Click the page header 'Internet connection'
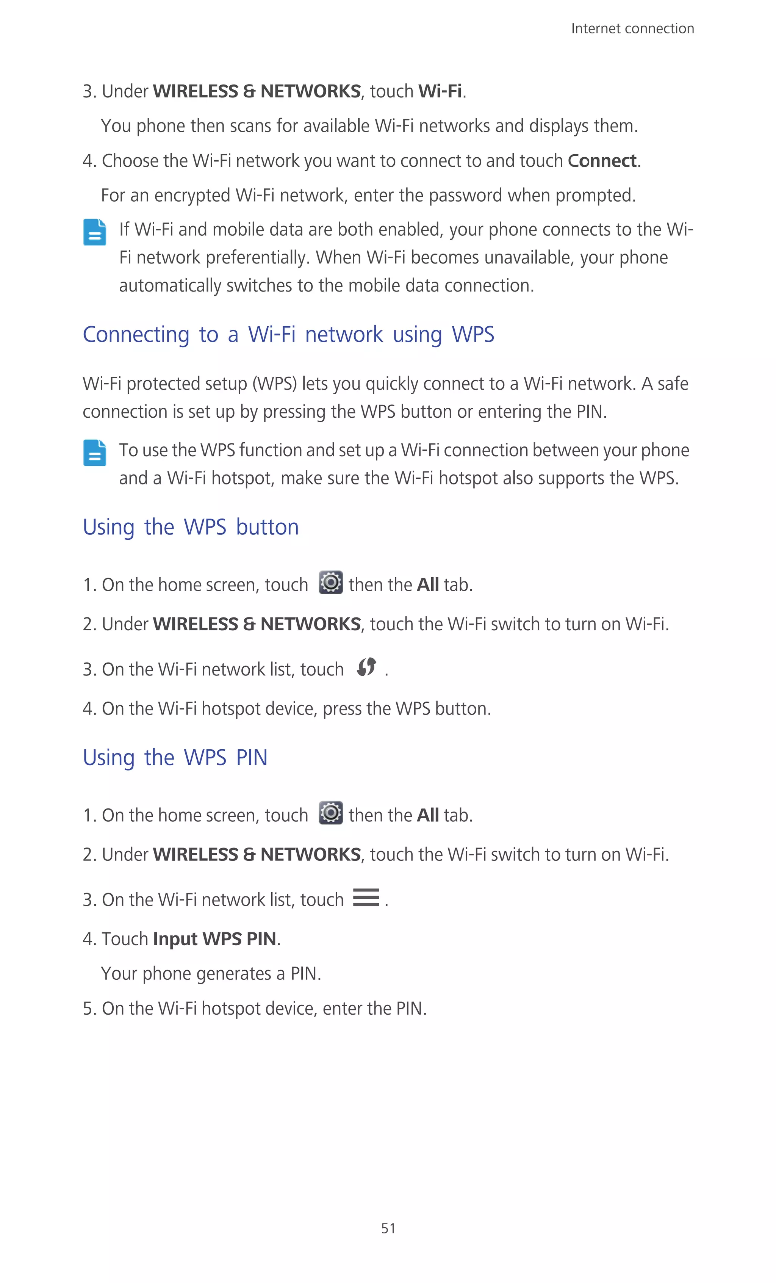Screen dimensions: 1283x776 tap(632, 29)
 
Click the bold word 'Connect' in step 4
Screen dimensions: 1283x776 tap(602, 161)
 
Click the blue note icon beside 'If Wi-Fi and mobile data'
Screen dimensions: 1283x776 tap(95, 232)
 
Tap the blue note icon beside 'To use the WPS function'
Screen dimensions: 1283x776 tap(95, 453)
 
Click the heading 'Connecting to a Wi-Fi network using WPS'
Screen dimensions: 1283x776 tap(288, 334)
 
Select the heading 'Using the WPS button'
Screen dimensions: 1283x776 tap(191, 527)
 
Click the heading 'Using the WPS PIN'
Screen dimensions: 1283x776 tap(175, 758)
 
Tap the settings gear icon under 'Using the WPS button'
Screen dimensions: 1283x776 tap(330, 582)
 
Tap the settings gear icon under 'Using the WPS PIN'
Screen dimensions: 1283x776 tap(330, 813)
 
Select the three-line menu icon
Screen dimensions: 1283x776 tap(366, 897)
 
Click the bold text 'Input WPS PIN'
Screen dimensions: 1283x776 tap(214, 939)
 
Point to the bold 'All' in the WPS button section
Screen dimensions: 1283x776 tap(428, 585)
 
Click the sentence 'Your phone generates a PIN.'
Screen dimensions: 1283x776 tap(211, 974)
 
